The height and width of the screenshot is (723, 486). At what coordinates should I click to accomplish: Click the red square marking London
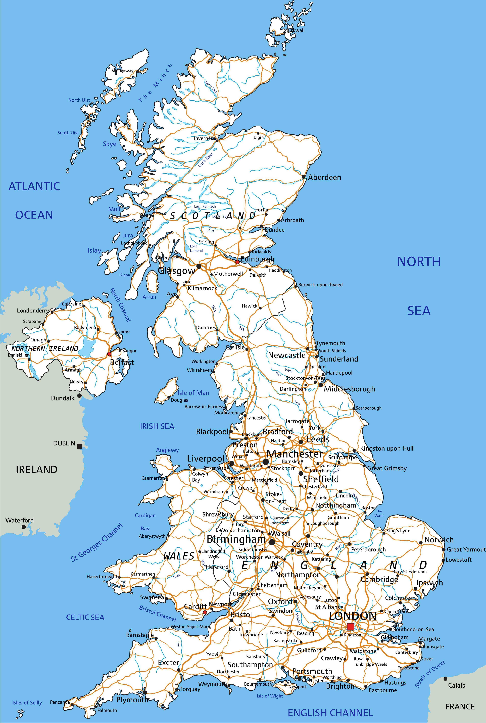click(x=350, y=626)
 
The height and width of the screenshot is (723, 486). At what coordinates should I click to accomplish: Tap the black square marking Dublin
click(x=80, y=446)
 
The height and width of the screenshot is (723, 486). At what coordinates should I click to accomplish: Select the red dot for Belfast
click(x=109, y=354)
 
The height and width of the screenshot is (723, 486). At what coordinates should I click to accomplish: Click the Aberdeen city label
click(x=324, y=177)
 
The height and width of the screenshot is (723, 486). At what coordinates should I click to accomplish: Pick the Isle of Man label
click(x=193, y=393)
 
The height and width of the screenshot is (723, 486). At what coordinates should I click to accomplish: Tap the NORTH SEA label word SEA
click(x=419, y=311)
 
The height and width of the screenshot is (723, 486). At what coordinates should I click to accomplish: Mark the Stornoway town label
click(x=122, y=71)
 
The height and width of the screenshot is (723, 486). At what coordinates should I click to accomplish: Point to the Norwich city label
click(x=439, y=540)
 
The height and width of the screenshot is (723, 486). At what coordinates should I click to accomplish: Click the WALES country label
click(x=179, y=556)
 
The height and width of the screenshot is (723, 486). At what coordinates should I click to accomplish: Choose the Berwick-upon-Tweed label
click(x=320, y=285)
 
